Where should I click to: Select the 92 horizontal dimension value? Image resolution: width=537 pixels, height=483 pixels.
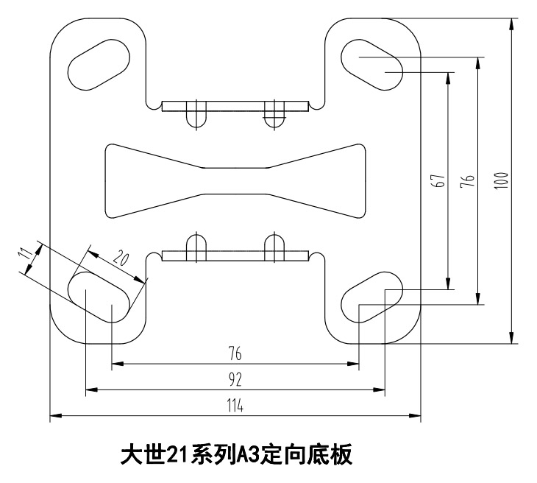tap(235, 380)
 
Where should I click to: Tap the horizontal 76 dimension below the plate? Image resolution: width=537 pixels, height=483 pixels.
tap(235, 354)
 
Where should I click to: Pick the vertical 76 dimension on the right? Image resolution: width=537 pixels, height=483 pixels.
tap(468, 181)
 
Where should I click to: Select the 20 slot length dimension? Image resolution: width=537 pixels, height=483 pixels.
tap(121, 258)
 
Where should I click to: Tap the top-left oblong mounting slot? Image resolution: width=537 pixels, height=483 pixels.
tap(96, 63)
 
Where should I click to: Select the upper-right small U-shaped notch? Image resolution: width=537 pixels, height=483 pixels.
tap(274, 114)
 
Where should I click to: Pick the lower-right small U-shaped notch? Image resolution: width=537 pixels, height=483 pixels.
tap(274, 247)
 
